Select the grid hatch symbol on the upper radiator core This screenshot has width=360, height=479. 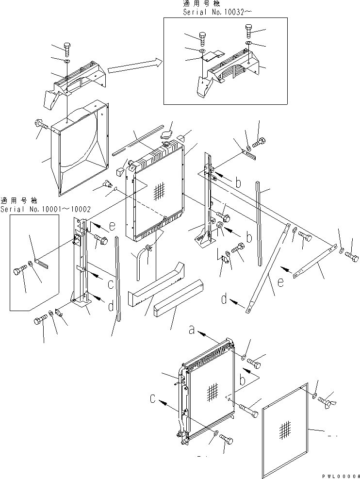[158, 193]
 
